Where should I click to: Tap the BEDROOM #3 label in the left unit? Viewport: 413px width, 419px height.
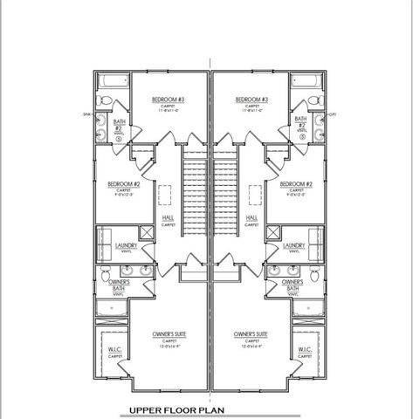167,100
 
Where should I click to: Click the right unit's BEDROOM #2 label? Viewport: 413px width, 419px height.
297,184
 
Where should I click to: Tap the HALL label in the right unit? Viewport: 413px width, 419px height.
252,218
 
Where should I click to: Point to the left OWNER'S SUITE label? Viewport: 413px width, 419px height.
168,334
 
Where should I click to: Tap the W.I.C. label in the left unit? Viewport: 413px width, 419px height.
114,352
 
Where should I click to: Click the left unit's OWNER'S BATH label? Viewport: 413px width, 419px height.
119,285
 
